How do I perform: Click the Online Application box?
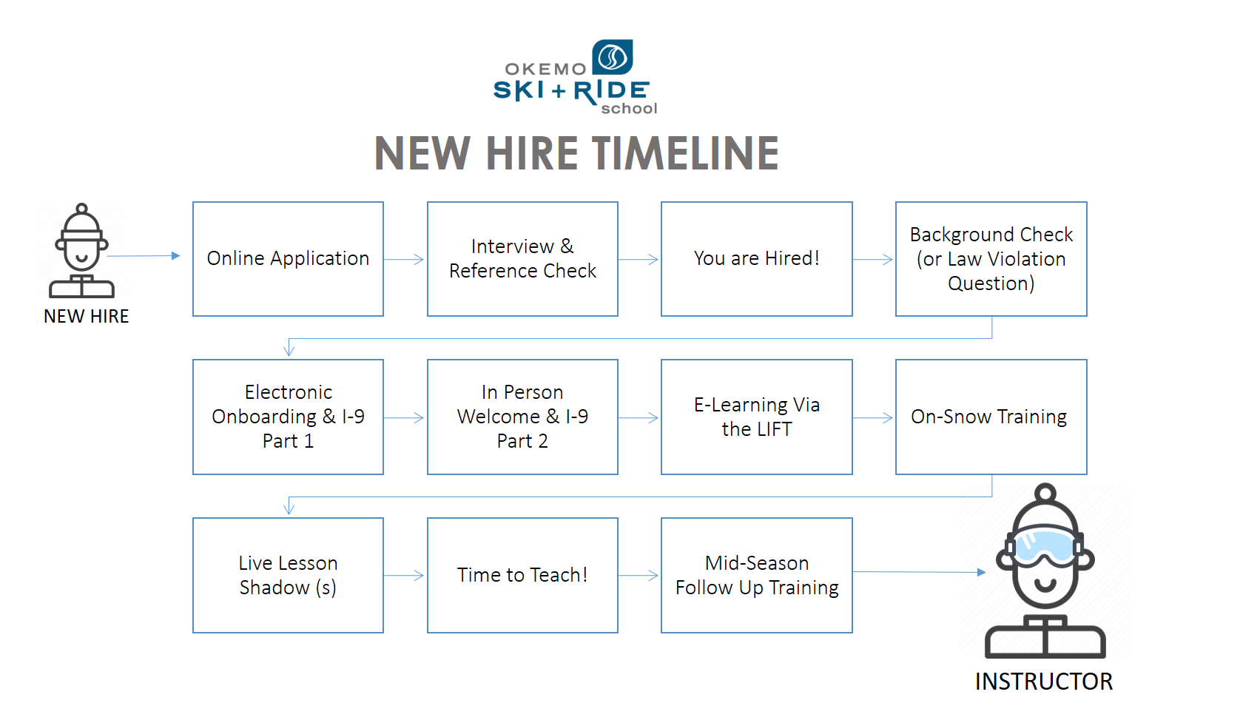(288, 259)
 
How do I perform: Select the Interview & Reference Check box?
(522, 259)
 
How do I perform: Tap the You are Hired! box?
(756, 259)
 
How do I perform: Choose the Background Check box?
(991, 259)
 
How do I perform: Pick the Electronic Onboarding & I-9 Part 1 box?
(288, 417)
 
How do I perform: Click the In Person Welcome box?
(522, 417)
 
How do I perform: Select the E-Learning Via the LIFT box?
(756, 417)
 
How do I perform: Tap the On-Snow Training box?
(991, 417)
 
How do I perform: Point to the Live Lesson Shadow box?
(288, 575)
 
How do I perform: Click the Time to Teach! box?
(522, 575)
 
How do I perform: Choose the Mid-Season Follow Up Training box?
(756, 575)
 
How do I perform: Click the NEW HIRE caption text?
(86, 317)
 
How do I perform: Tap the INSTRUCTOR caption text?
(1043, 682)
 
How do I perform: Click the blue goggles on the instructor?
(1044, 546)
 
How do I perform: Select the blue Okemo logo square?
(613, 57)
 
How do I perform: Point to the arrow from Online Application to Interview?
(405, 260)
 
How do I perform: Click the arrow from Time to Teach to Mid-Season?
(639, 576)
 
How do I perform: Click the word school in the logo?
(629, 109)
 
